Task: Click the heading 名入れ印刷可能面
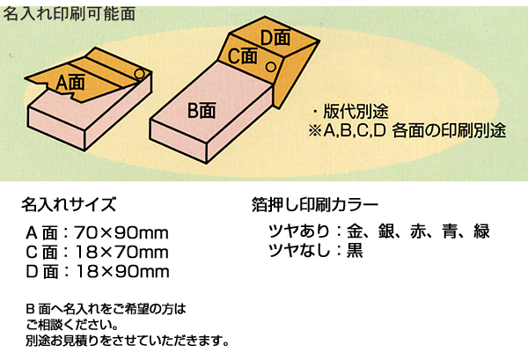70,14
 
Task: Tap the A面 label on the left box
70,83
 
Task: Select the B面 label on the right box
202,110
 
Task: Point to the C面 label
243,55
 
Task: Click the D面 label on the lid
275,37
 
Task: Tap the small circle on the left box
139,74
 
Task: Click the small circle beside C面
271,67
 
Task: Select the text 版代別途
356,112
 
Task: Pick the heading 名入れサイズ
69,204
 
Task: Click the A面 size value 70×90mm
121,232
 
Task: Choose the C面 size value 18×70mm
121,253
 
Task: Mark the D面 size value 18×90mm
122,272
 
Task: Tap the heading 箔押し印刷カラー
315,204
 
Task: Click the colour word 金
355,231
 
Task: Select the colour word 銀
386,231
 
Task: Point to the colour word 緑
481,231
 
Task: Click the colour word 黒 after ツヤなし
355,250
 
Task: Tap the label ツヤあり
299,231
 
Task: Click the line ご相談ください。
72,326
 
